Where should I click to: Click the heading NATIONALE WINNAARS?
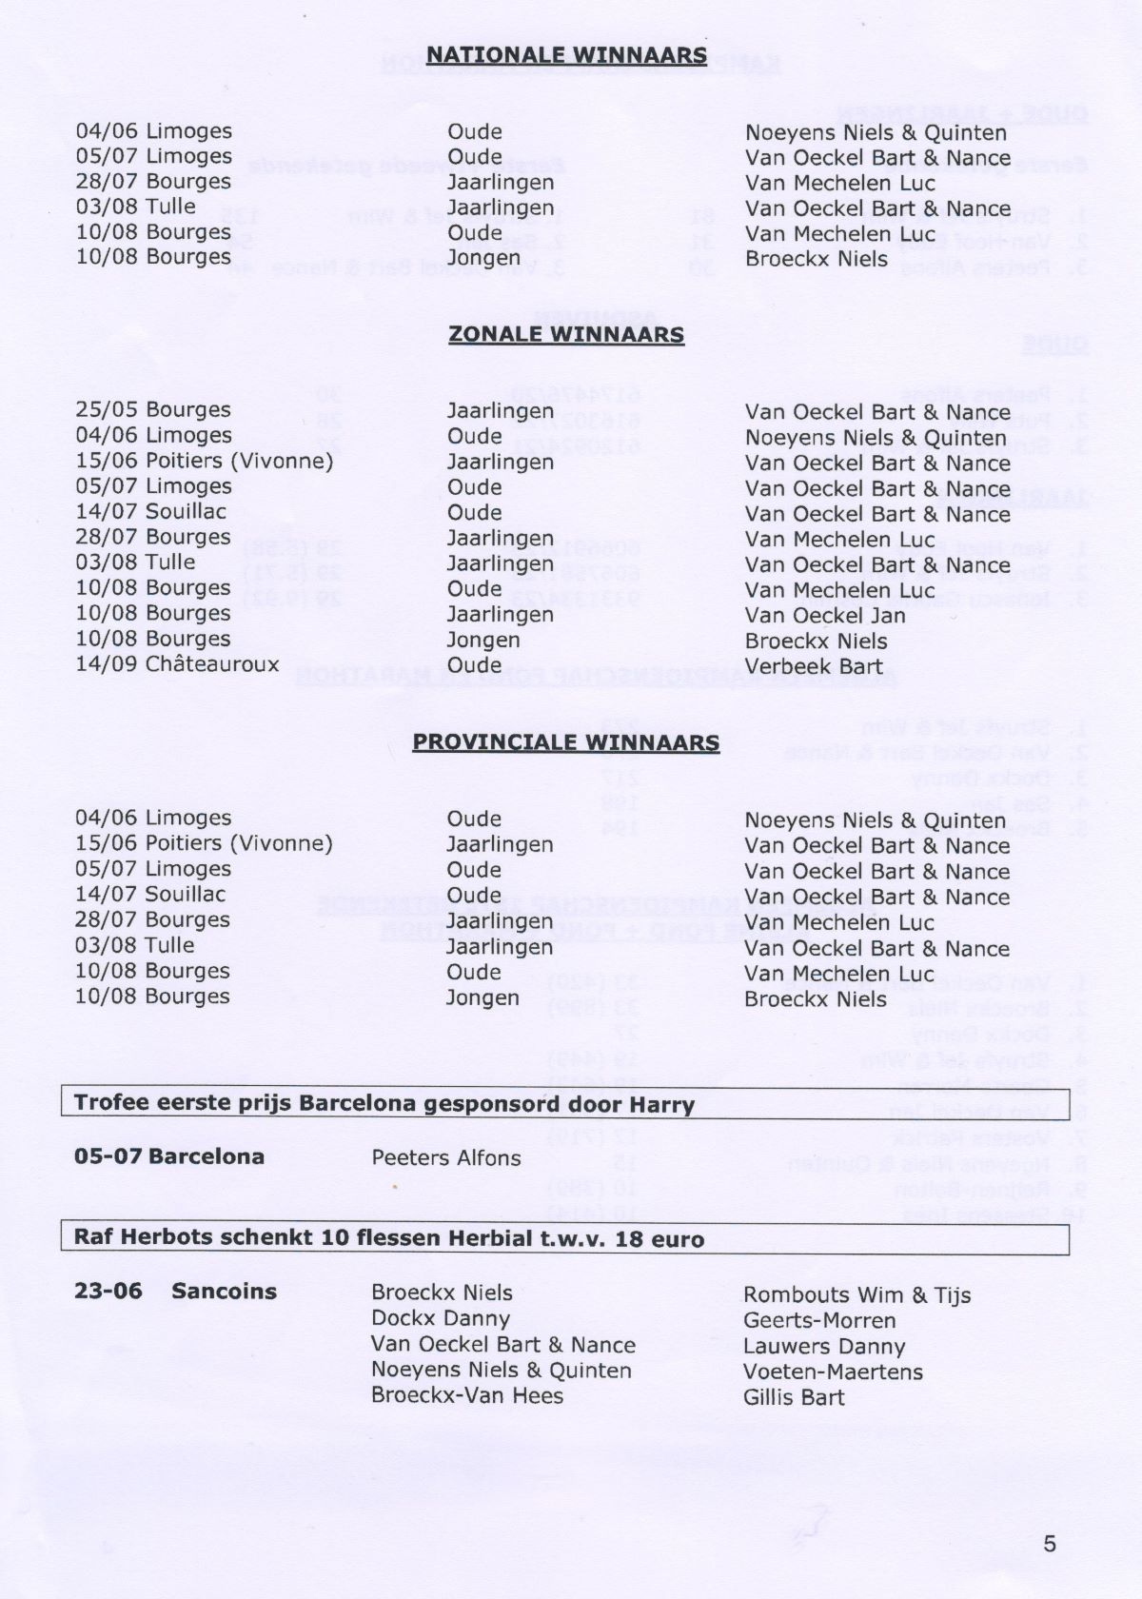pos(566,55)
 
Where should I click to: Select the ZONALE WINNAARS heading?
pos(566,335)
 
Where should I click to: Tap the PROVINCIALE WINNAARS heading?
pos(566,741)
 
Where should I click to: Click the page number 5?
pos(1050,1544)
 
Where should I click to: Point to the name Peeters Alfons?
pos(446,1158)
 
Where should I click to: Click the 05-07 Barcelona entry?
pos(169,1157)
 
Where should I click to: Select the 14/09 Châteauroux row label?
pos(177,664)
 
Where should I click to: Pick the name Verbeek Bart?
pos(814,666)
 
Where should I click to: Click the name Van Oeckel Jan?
pos(825,616)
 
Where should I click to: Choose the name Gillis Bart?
pos(794,1397)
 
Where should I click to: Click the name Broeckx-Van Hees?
pos(467,1396)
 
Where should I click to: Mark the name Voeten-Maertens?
pos(833,1372)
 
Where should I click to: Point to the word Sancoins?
pos(225,1293)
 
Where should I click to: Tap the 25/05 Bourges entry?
pos(153,410)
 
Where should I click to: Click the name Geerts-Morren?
pos(819,1321)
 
